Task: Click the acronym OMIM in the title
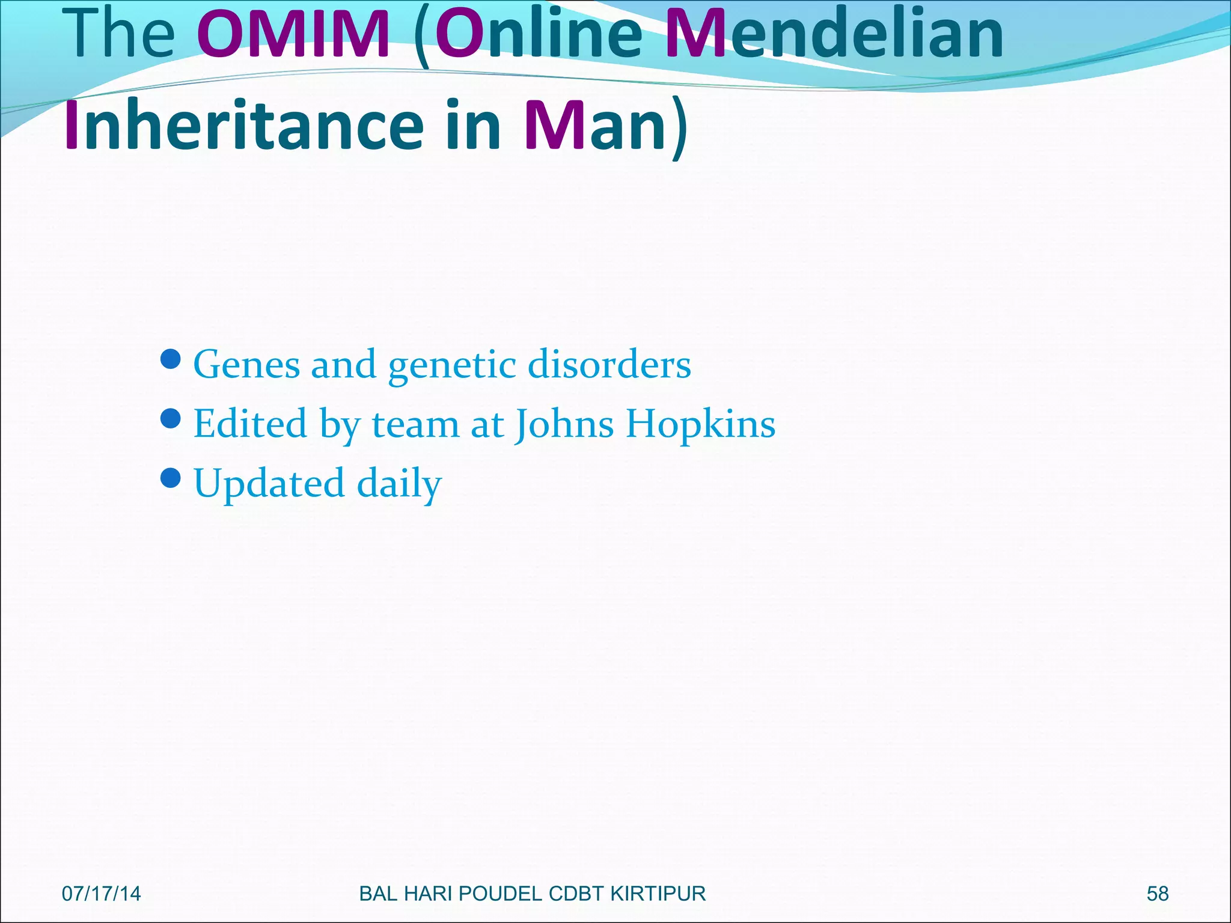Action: (293, 34)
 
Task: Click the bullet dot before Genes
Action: (171, 359)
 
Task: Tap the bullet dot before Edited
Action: (171, 418)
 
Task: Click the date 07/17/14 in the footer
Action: (101, 894)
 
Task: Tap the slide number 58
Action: (1157, 894)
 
